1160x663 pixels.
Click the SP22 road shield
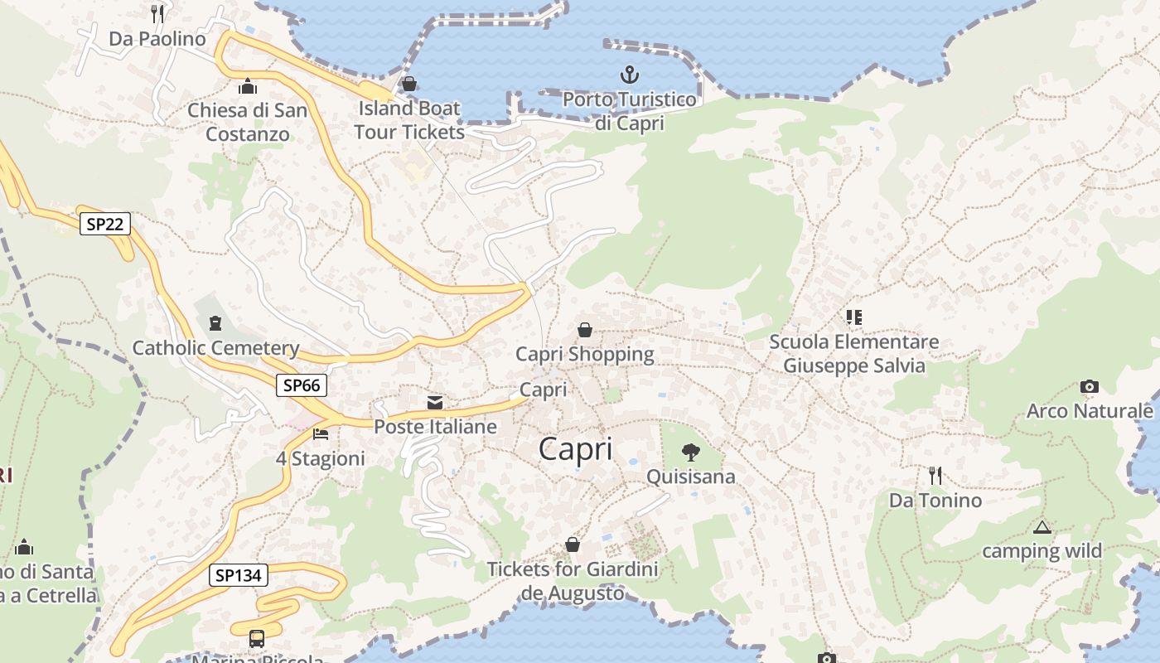click(x=105, y=224)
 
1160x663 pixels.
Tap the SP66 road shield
click(x=302, y=385)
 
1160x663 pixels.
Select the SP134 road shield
click(x=238, y=575)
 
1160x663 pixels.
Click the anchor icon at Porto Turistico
click(x=630, y=75)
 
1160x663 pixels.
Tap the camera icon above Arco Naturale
click(x=1090, y=387)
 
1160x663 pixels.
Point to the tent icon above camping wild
click(x=1042, y=527)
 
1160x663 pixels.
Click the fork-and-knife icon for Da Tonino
click(x=935, y=476)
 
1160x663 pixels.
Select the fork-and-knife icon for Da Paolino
click(x=157, y=14)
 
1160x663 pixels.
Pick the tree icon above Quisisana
click(x=690, y=452)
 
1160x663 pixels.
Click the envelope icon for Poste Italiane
click(x=435, y=403)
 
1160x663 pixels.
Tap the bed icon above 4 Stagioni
click(x=321, y=434)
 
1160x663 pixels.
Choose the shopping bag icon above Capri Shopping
click(x=585, y=330)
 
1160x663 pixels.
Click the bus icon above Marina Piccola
click(x=257, y=639)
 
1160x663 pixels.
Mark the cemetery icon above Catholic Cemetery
click(x=216, y=323)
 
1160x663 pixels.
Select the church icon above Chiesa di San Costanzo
click(x=247, y=86)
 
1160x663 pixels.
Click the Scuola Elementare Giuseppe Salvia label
click(x=853, y=354)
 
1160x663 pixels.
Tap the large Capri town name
click(x=576, y=449)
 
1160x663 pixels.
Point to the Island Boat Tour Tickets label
click(x=409, y=120)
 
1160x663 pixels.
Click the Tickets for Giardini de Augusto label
click(x=573, y=581)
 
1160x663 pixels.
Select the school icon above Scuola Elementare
click(x=853, y=317)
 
